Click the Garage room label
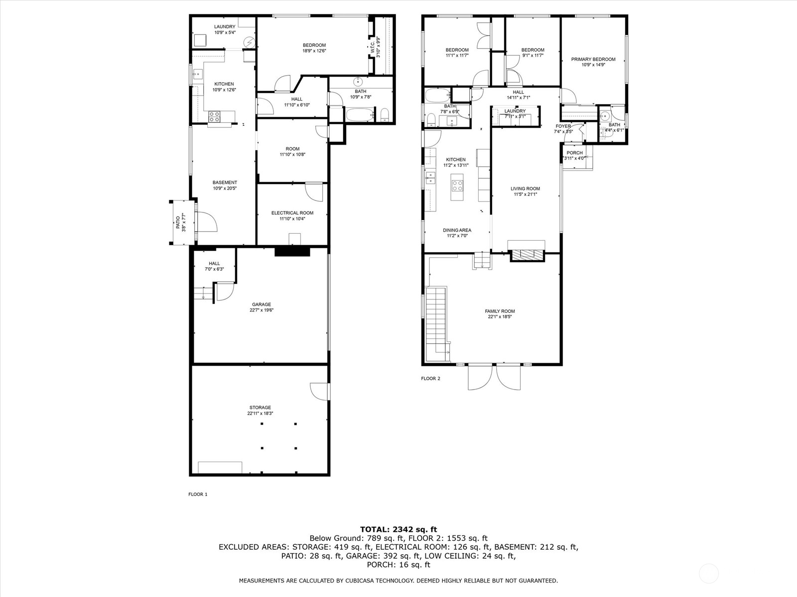click(262, 304)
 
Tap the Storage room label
click(260, 407)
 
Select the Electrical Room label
click(292, 213)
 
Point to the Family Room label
click(500, 311)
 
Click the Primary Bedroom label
click(593, 59)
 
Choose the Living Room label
click(525, 189)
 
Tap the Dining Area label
click(457, 230)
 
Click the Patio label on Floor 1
click(178, 222)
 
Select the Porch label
click(574, 153)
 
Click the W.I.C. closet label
click(373, 49)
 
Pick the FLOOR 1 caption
click(198, 494)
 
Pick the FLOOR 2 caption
click(431, 379)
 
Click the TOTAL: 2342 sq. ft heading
click(398, 529)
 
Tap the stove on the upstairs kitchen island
click(457, 186)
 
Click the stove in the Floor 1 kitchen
click(214, 116)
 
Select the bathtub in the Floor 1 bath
click(360, 114)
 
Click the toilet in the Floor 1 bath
click(385, 115)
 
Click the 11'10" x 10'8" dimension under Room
click(292, 154)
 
